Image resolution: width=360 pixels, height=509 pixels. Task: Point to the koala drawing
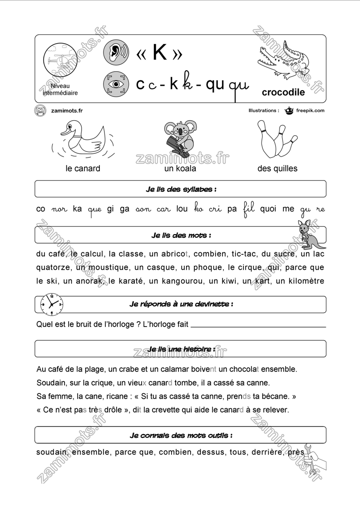pos(180,136)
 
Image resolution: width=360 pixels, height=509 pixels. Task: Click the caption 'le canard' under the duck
pos(83,169)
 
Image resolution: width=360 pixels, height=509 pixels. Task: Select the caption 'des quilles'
pos(277,169)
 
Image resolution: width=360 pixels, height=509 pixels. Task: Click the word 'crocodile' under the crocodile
pos(283,93)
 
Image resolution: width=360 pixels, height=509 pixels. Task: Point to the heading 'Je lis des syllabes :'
pos(181,189)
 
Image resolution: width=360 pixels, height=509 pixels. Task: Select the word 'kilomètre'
pos(300,281)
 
